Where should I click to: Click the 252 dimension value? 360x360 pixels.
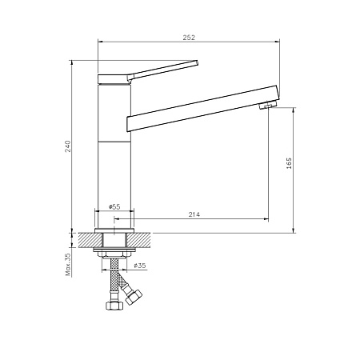pyautogui.click(x=189, y=38)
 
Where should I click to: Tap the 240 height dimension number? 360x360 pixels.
pyautogui.click(x=68, y=146)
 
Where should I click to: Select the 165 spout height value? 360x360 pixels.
pyautogui.click(x=289, y=163)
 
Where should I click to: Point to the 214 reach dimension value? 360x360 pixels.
pyautogui.click(x=194, y=214)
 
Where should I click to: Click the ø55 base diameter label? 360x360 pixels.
pyautogui.click(x=114, y=206)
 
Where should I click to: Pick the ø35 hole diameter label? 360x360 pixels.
pyautogui.click(x=140, y=266)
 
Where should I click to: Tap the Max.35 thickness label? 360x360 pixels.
pyautogui.click(x=68, y=265)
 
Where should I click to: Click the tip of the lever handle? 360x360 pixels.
pyautogui.click(x=197, y=62)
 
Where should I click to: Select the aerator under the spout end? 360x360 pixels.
pyautogui.click(x=268, y=105)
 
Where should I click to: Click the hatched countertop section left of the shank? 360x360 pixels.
pyautogui.click(x=90, y=240)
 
